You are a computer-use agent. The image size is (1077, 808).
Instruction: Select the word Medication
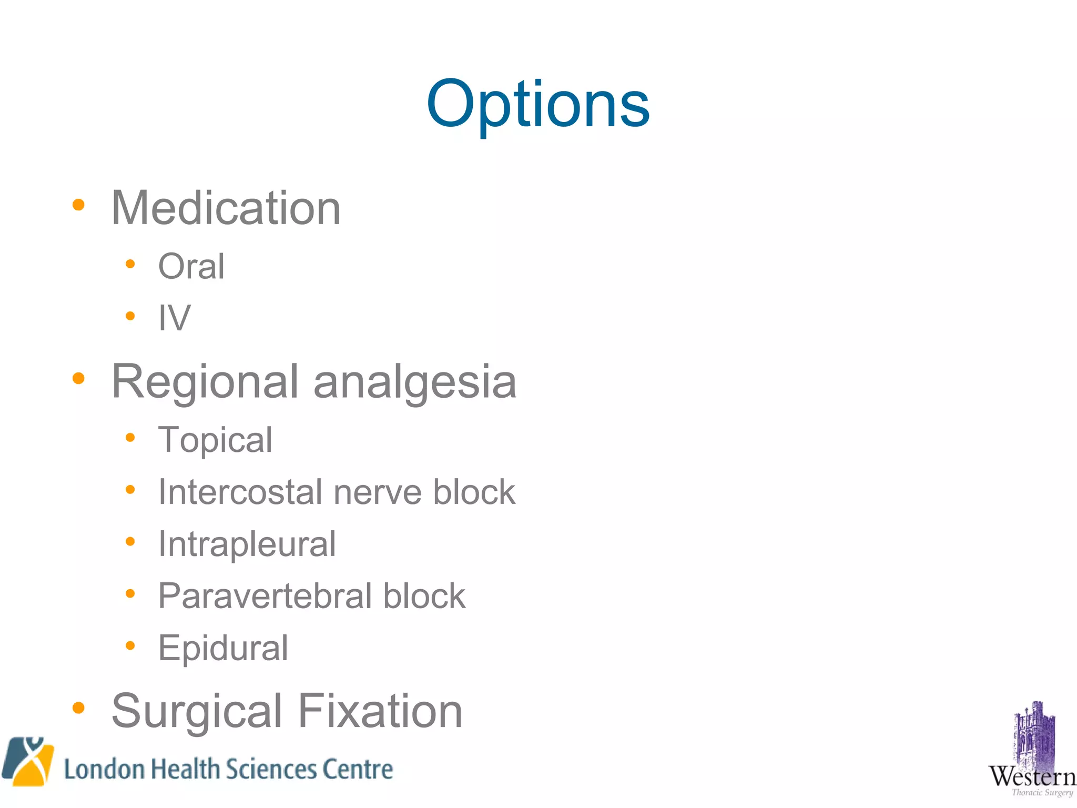[x=226, y=208]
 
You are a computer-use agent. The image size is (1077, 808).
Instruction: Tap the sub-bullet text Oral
[x=191, y=266]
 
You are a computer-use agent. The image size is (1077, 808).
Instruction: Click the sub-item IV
[x=174, y=318]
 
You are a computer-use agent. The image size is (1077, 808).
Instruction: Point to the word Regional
[x=205, y=382]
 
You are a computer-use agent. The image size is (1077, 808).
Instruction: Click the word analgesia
[x=415, y=382]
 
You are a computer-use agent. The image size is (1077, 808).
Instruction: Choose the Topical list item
[x=215, y=440]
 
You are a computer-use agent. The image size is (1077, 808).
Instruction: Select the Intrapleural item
[x=247, y=544]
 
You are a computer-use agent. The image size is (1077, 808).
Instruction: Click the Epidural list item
[x=223, y=648]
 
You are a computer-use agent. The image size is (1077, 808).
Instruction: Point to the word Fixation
[x=380, y=711]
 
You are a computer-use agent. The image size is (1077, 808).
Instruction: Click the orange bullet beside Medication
[x=78, y=205]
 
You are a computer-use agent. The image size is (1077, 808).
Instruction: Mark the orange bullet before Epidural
[x=130, y=645]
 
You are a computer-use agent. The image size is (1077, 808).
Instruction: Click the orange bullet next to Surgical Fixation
[x=78, y=708]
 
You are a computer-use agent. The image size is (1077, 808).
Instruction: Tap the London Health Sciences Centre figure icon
[x=28, y=761]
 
